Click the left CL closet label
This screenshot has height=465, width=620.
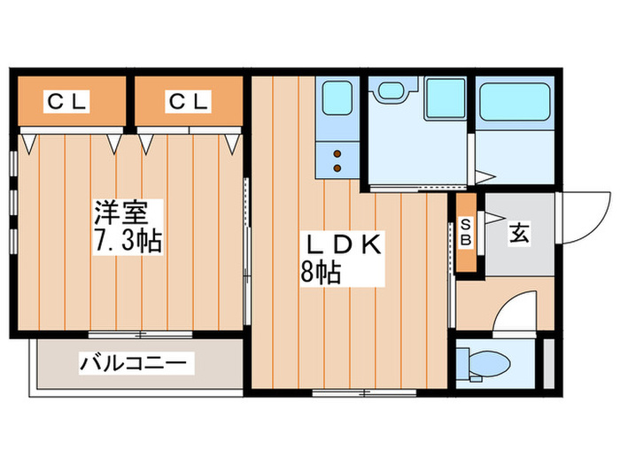click(67, 103)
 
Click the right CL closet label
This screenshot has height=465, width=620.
click(190, 103)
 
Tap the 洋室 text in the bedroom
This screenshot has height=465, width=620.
click(129, 213)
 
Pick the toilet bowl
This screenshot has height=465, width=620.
click(484, 364)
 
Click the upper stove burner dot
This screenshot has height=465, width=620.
click(337, 154)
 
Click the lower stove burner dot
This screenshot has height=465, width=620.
click(337, 167)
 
